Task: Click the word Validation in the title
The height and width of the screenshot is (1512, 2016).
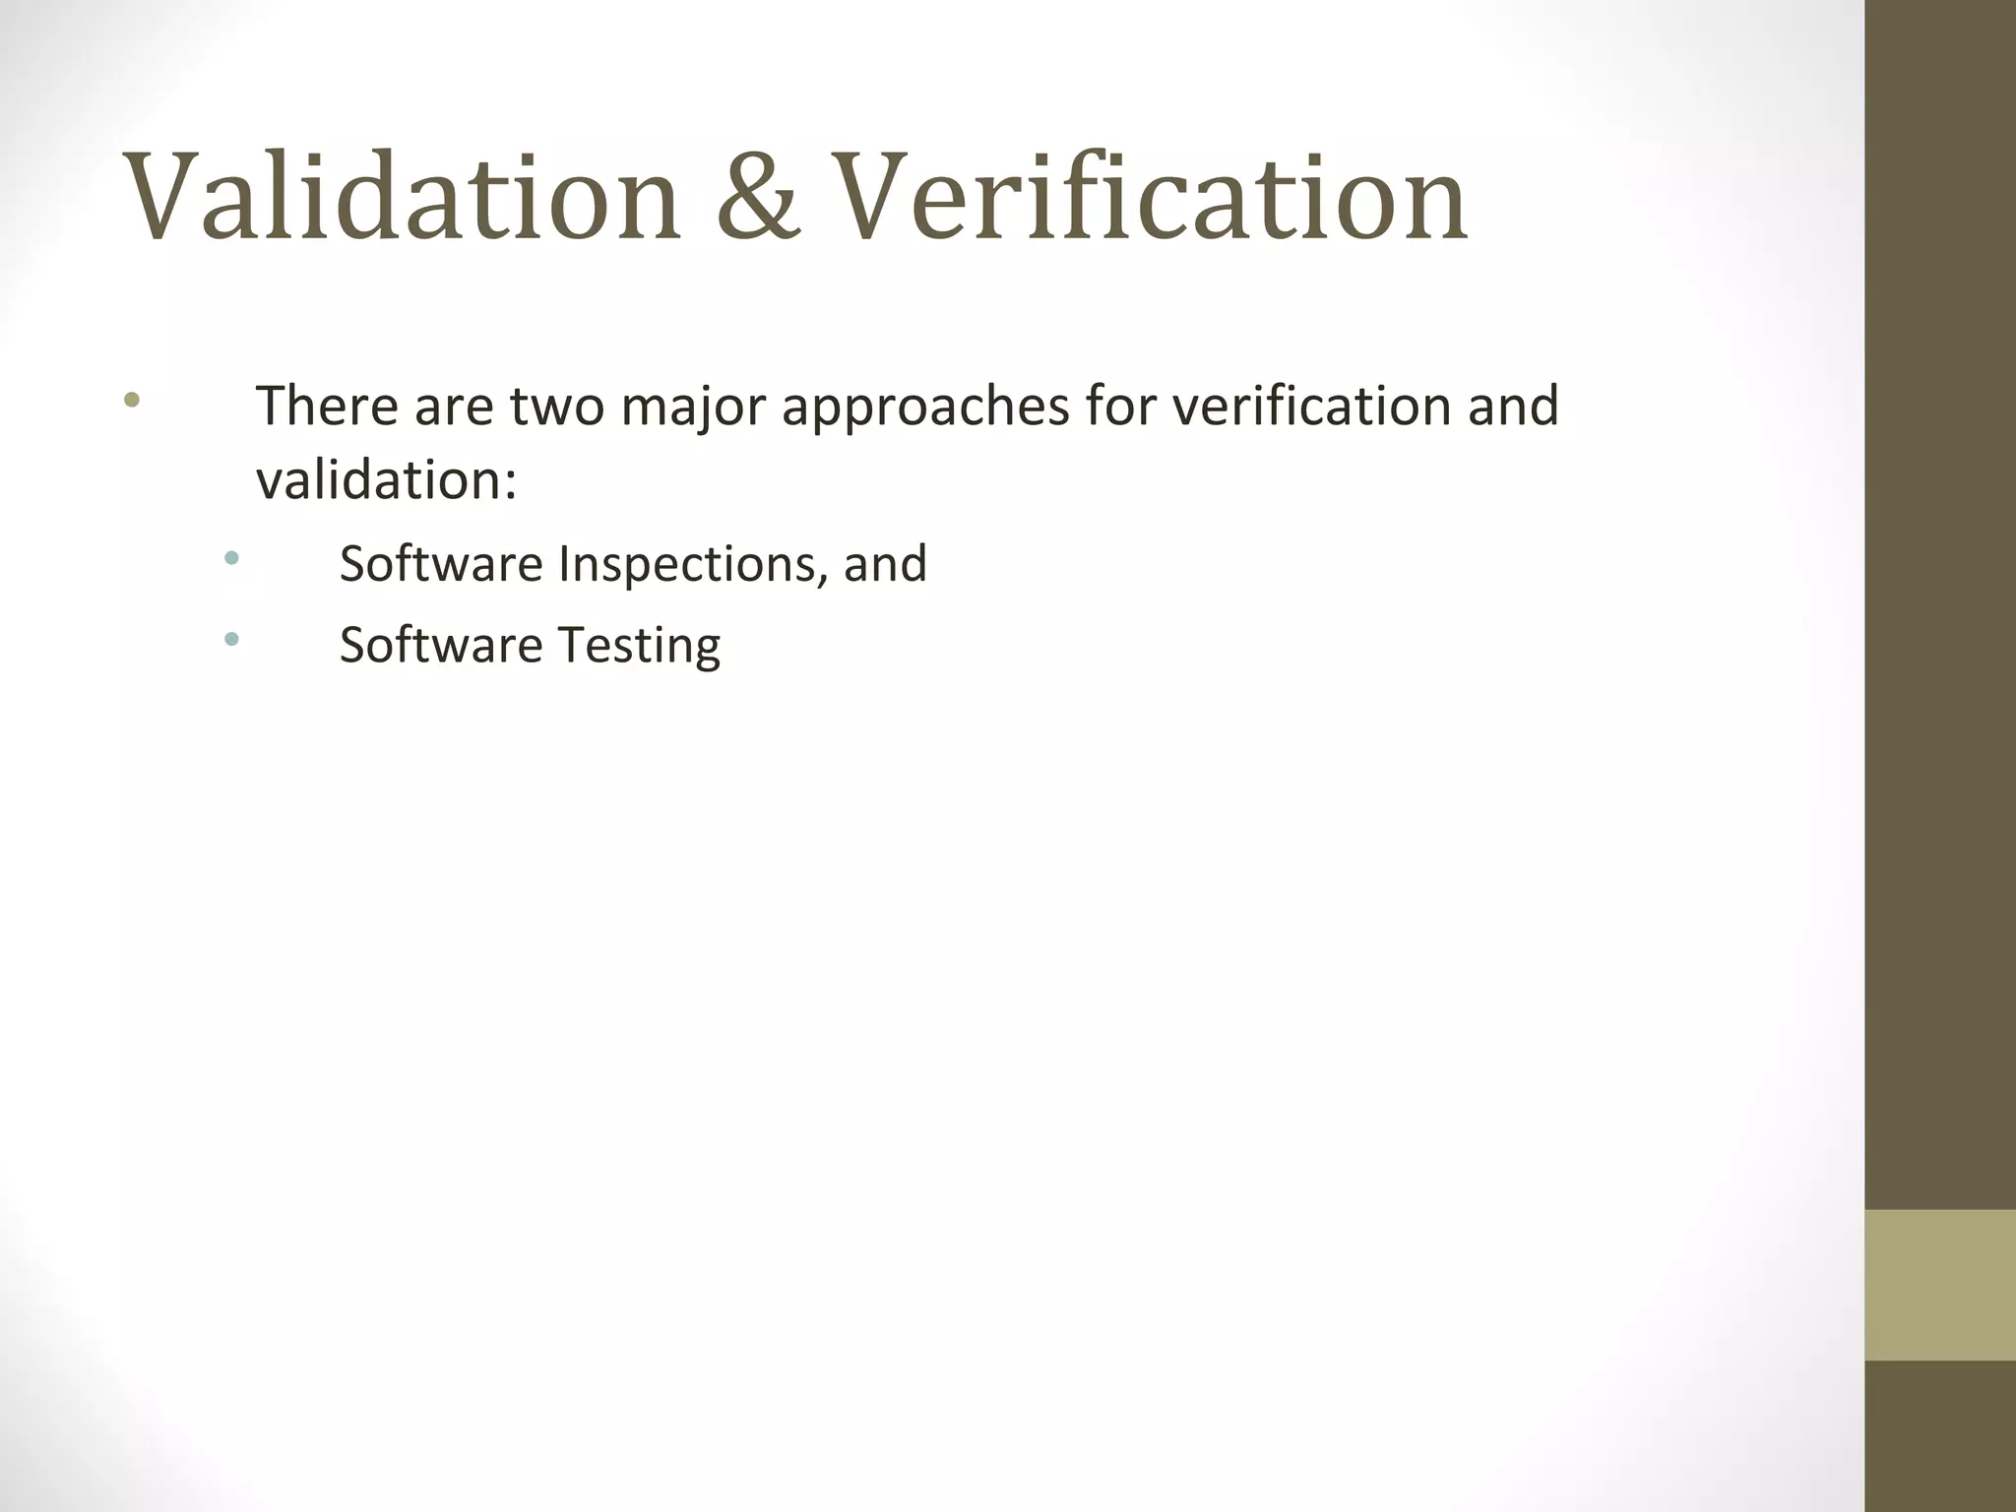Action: tap(402, 197)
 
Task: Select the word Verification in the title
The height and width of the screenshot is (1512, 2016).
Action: tap(1153, 197)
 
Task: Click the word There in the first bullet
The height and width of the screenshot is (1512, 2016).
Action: tap(326, 406)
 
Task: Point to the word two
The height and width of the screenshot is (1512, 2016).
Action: tap(556, 406)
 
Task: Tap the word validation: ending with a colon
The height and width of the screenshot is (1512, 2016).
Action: tap(386, 480)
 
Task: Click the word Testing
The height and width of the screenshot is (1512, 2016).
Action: tap(639, 647)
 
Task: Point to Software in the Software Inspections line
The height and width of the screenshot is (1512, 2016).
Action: tap(441, 564)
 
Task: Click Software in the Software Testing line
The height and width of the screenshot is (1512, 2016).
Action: tap(441, 646)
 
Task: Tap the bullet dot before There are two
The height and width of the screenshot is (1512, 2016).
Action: tap(132, 400)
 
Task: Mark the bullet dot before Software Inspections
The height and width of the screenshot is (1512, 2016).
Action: tap(231, 558)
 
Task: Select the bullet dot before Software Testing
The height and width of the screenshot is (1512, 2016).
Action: tap(231, 640)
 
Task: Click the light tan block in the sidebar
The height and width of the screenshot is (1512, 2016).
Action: tap(1939, 1285)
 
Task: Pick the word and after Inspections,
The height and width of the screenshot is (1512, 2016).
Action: tap(885, 564)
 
